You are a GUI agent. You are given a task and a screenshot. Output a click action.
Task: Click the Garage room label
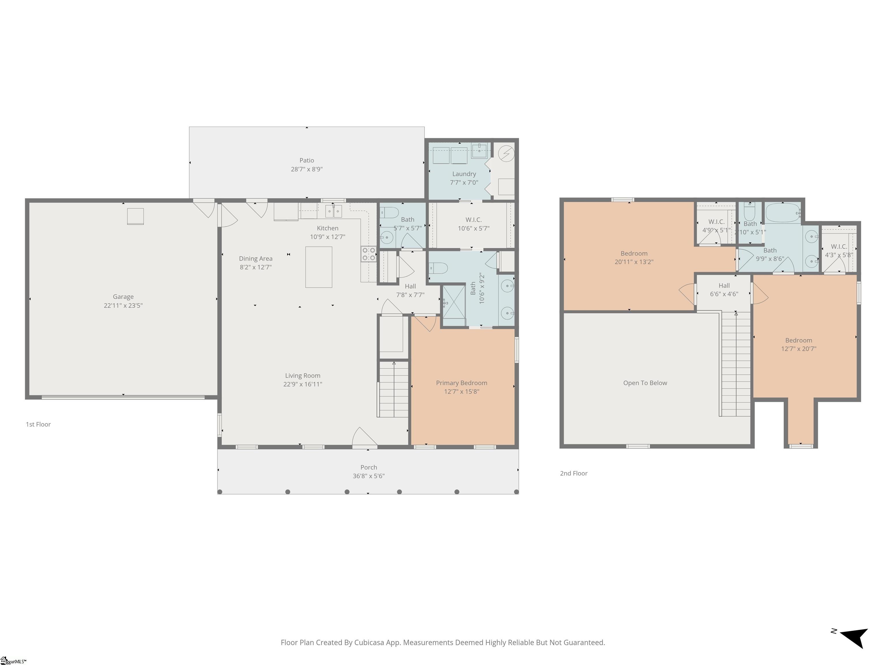[123, 297]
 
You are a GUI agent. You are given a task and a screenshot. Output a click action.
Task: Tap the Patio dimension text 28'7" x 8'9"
[306, 169]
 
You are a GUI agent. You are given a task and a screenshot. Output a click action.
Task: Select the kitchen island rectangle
[318, 267]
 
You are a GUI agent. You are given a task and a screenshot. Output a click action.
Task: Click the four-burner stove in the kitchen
[369, 254]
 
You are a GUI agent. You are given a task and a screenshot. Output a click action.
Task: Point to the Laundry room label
[464, 174]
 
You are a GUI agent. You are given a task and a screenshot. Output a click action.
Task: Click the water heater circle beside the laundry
[506, 153]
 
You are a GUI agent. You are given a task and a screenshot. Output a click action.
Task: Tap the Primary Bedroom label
[461, 383]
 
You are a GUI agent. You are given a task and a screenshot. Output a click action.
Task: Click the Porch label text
[369, 467]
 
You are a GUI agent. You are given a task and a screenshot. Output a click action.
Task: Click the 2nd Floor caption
[574, 473]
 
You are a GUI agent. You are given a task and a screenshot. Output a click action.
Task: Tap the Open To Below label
[645, 383]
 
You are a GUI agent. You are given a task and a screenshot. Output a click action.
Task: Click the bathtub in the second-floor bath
[783, 213]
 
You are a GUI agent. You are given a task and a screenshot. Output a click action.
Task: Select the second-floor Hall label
[724, 285]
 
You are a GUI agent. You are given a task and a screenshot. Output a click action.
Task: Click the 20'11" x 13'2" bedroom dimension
[634, 262]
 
